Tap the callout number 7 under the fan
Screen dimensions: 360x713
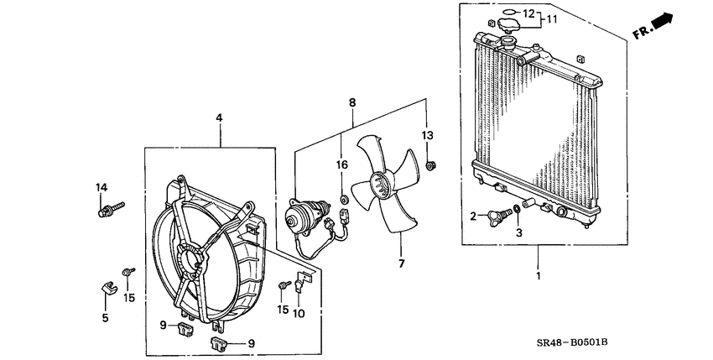pyautogui.click(x=400, y=264)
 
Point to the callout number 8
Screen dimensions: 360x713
pyautogui.click(x=353, y=102)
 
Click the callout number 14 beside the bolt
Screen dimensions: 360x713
pyautogui.click(x=101, y=186)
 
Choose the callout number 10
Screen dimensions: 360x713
pyautogui.click(x=299, y=311)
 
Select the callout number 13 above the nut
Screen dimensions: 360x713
pyautogui.click(x=426, y=136)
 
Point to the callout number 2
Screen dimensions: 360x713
pyautogui.click(x=473, y=217)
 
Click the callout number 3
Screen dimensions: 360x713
pyautogui.click(x=518, y=232)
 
